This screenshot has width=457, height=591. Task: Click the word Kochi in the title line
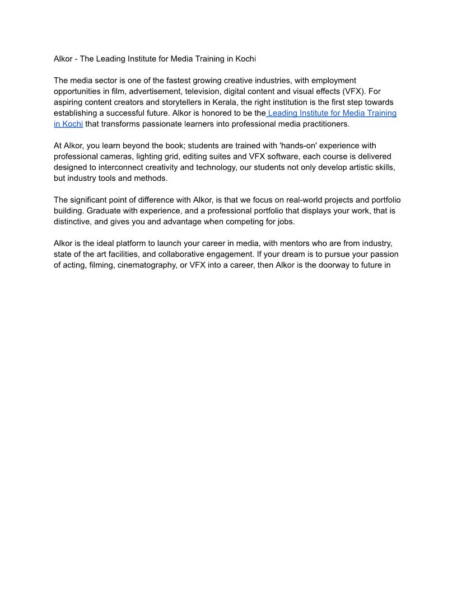(245, 58)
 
